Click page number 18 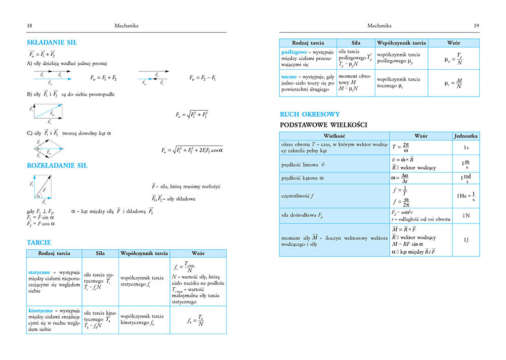29,25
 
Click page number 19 476,25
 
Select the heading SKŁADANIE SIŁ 52,42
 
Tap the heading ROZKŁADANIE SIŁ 57,165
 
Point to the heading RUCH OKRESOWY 309,114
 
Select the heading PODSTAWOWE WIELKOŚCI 323,125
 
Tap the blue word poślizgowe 295,52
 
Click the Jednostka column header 466,136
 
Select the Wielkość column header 334,136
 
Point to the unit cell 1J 466,239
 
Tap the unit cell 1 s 466,147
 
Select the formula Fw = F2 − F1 202,78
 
